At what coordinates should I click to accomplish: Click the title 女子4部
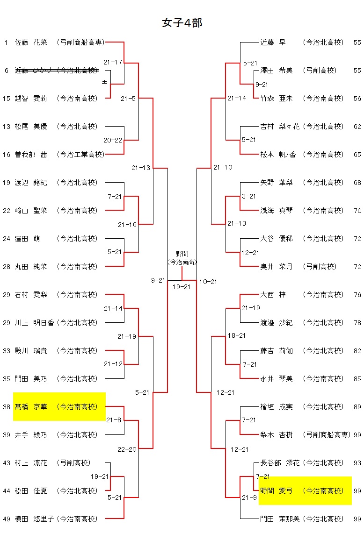tap(182, 23)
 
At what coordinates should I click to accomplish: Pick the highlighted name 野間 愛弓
tap(276, 491)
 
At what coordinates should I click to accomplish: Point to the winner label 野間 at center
tap(182, 254)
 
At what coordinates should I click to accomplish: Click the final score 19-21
tap(182, 287)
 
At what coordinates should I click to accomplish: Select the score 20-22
tap(113, 140)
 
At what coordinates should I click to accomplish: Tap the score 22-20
tap(127, 449)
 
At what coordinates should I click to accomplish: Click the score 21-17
tap(113, 62)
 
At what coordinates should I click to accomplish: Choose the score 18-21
tap(236, 336)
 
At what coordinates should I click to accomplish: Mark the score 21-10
tap(223, 168)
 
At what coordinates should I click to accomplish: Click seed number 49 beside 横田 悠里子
tap(7, 519)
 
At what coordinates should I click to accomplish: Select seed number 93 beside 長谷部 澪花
tap(357, 463)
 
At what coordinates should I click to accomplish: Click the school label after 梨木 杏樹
tap(327, 435)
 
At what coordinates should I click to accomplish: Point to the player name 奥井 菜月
tap(276, 267)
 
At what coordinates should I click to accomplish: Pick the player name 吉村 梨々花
tap(279, 127)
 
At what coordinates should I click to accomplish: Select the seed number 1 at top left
tap(6, 43)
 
